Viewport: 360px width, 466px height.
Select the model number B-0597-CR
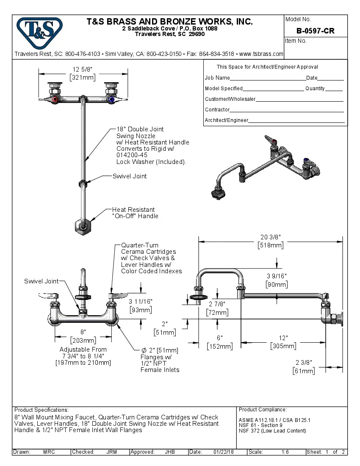(316, 31)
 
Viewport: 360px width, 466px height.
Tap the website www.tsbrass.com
(261, 54)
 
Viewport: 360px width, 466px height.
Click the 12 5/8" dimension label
(83, 70)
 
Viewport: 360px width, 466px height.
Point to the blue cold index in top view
(111, 100)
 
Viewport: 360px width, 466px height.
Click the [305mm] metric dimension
(283, 346)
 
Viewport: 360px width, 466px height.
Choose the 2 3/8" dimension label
(303, 362)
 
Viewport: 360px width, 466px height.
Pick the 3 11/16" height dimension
(140, 302)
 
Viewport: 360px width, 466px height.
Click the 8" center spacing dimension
(83, 332)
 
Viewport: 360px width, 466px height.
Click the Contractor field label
(217, 110)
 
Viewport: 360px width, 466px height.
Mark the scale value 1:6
(285, 452)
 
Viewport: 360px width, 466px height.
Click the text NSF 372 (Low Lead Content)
(272, 431)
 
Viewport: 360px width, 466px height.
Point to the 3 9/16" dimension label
(277, 276)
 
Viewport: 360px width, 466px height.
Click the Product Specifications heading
(42, 410)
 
